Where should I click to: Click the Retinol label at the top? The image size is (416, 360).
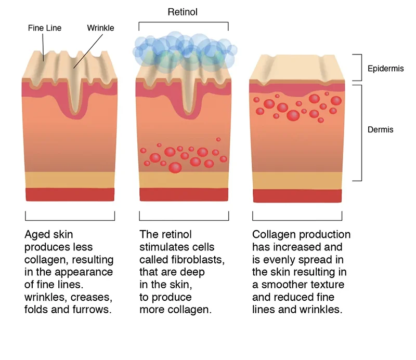[x=183, y=11]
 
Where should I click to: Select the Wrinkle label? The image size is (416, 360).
[x=100, y=28]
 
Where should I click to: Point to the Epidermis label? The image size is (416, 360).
[x=386, y=69]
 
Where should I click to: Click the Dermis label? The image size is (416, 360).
[x=380, y=129]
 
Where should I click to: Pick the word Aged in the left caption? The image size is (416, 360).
[x=37, y=235]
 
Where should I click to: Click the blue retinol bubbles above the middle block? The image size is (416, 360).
[x=183, y=49]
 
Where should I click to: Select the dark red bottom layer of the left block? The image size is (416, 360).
[x=70, y=194]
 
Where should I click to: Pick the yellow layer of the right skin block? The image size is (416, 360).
[x=297, y=181]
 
